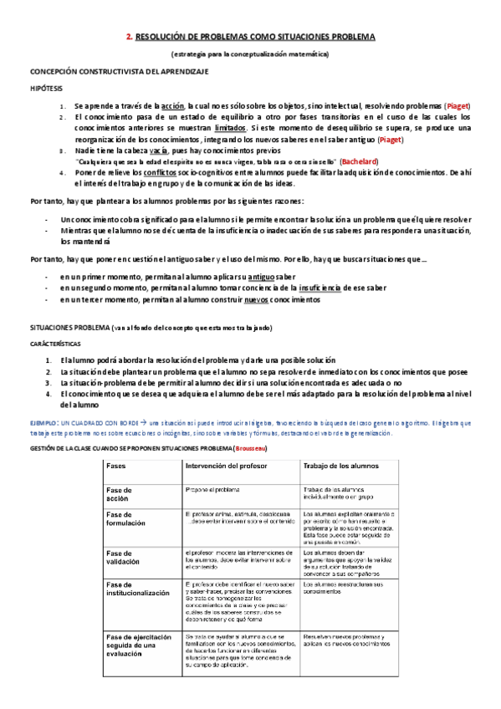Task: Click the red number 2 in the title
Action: [128, 37]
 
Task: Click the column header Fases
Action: [116, 465]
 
